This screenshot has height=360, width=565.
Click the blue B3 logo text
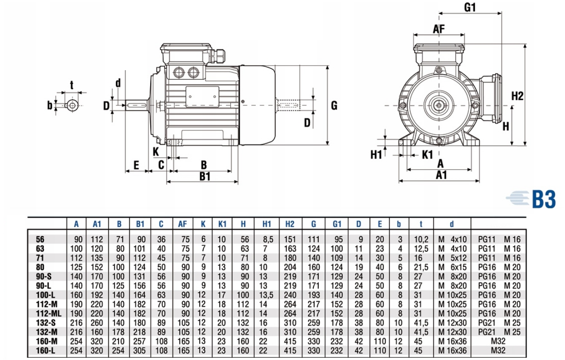tap(543, 199)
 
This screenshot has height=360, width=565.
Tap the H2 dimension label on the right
tap(517, 96)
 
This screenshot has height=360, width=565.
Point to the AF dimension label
tap(439, 29)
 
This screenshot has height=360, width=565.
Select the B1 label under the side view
tap(205, 176)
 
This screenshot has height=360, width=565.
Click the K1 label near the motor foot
tap(428, 154)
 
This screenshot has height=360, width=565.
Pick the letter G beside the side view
tap(334, 106)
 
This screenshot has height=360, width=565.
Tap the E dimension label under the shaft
tap(135, 165)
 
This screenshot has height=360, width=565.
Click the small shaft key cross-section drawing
tap(72, 106)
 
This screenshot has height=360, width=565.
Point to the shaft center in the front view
tap(438, 106)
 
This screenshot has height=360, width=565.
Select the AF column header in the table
tap(182, 224)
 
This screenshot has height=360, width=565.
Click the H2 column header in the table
tap(290, 224)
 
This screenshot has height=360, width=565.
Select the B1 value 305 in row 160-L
tap(140, 350)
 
